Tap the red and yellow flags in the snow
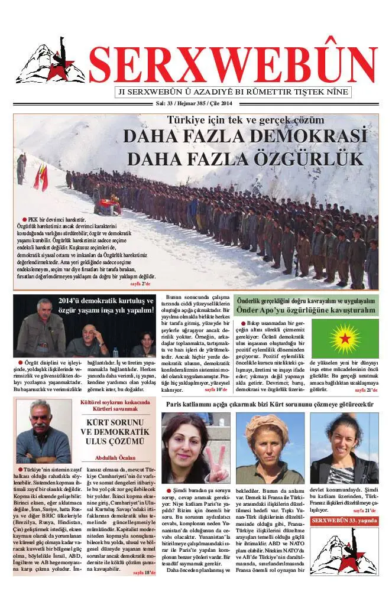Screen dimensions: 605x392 click(x=41, y=177)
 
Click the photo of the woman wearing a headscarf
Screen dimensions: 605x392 click(x=270, y=448)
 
